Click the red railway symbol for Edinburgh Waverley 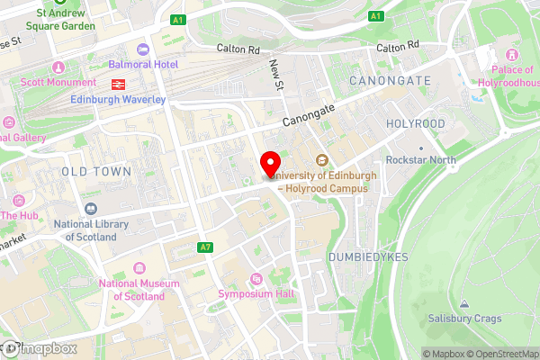[x=117, y=84]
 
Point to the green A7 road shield [x=206, y=247]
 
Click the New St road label [x=277, y=74]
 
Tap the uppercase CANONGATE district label [x=387, y=81]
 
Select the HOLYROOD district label [x=415, y=122]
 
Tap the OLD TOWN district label [x=97, y=171]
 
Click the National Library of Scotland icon [x=90, y=209]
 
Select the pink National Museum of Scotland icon [x=139, y=268]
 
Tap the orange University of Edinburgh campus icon [x=322, y=160]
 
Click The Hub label [x=19, y=215]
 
